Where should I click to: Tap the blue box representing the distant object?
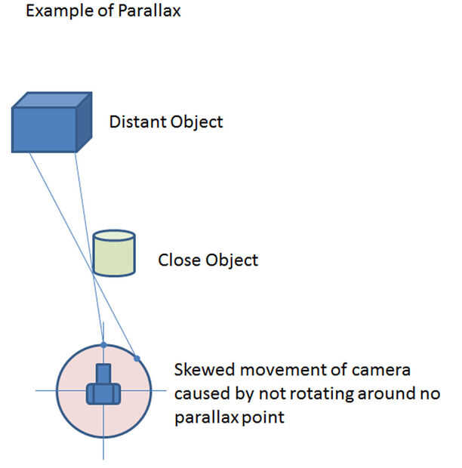point(45,129)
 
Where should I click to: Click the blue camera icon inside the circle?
point(103,389)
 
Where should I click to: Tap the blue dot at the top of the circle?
point(103,345)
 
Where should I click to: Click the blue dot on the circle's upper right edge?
point(137,358)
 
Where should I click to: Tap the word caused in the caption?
point(199,394)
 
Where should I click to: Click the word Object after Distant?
point(197,122)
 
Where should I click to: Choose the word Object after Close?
point(232,260)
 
